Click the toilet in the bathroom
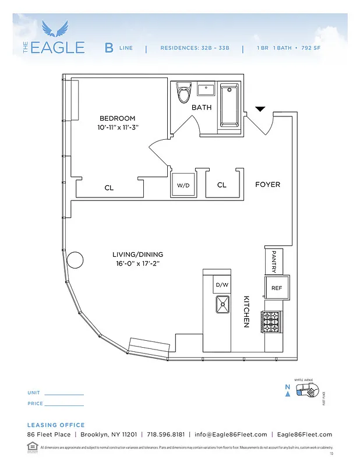pos(185,93)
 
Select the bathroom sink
pos(207,90)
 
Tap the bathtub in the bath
pos(230,104)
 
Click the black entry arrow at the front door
pos(260,109)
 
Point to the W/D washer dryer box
pos(183,185)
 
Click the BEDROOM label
pos(117,118)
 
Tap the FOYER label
pos(267,185)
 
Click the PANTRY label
pos(273,262)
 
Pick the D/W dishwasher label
pos(222,285)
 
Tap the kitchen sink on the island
pos(223,303)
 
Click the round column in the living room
pos(75,260)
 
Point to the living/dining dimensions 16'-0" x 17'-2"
pos(137,263)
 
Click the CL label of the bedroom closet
pos(109,188)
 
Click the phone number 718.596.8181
pos(165,435)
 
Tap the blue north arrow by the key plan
pos(287,394)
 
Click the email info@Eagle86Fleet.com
pos(231,435)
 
